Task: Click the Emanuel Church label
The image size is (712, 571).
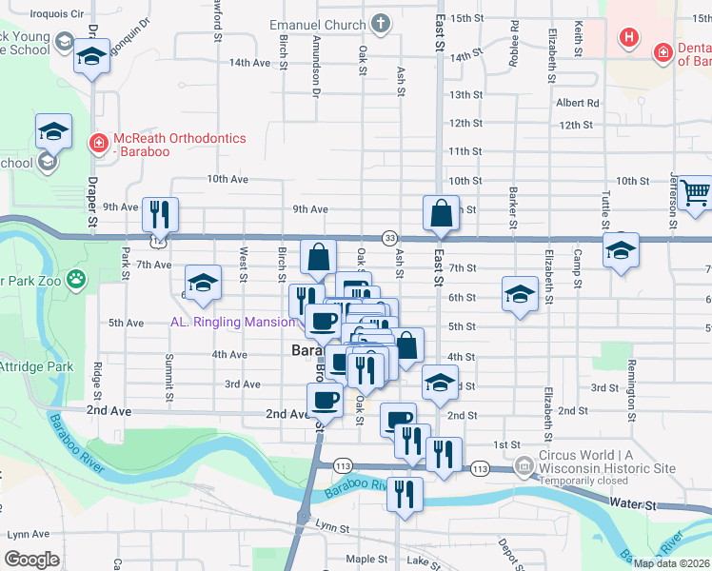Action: click(x=316, y=25)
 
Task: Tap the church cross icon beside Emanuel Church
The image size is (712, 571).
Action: click(x=380, y=24)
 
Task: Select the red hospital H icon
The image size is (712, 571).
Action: click(x=628, y=38)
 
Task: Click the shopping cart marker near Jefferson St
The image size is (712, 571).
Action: click(x=696, y=194)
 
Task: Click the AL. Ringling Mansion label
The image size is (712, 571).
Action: click(x=232, y=322)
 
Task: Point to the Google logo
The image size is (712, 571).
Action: click(x=31, y=560)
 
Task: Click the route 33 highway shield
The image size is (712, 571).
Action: click(x=389, y=237)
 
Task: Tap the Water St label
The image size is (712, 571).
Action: click(x=635, y=502)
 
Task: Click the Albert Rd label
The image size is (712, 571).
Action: click(x=578, y=103)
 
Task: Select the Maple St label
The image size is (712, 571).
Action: click(x=366, y=559)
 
